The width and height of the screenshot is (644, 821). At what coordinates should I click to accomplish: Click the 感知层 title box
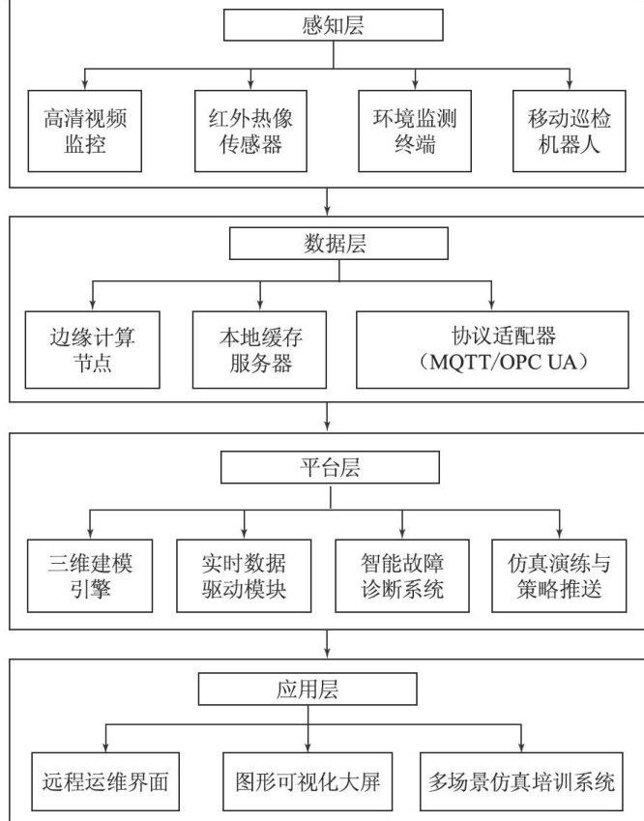click(x=332, y=25)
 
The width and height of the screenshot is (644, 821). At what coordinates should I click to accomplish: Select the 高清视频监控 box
click(x=86, y=131)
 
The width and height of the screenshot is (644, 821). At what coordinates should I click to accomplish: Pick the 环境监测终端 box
click(x=406, y=131)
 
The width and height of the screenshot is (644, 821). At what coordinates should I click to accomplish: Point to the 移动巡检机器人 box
click(x=570, y=131)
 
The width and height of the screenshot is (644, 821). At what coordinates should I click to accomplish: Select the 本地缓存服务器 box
click(x=256, y=348)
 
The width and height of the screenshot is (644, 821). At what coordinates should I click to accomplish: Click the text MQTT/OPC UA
click(x=493, y=365)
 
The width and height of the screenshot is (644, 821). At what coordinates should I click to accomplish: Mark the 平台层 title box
click(x=331, y=468)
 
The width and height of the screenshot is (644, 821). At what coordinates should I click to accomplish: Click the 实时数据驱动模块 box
click(x=244, y=573)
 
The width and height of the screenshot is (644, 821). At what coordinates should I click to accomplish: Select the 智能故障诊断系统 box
click(x=401, y=573)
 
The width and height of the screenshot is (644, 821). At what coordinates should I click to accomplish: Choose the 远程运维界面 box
click(x=105, y=781)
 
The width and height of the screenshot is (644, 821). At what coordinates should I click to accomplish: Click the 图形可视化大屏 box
click(x=308, y=781)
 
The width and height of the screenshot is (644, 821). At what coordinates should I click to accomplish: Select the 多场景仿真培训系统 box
click(x=522, y=781)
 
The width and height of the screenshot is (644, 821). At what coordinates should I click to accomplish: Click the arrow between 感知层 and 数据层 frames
click(x=330, y=200)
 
